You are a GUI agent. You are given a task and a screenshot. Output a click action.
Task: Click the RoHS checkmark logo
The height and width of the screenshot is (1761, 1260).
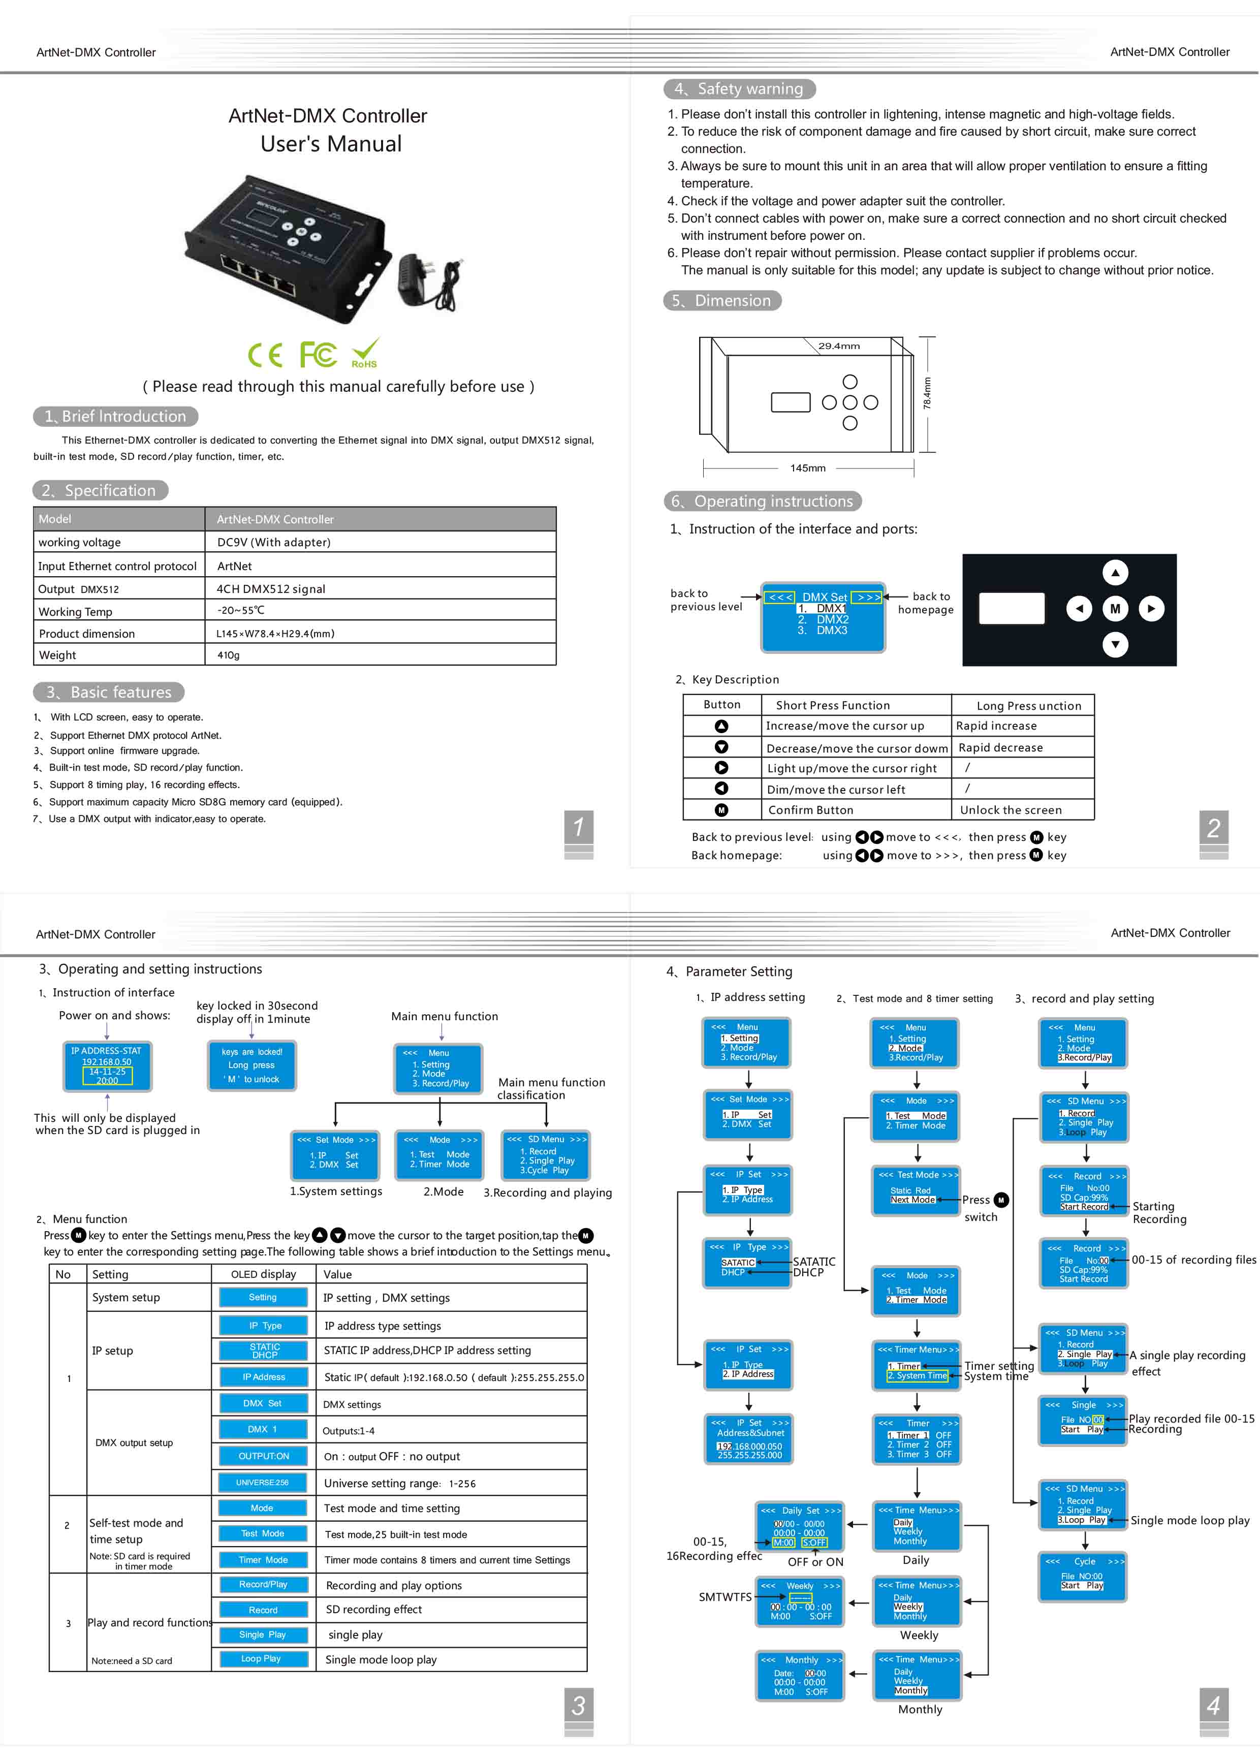[365, 353]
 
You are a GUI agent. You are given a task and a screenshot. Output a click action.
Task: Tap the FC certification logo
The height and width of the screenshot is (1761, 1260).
[318, 355]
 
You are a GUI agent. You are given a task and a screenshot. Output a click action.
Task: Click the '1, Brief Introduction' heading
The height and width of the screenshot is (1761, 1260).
[116, 417]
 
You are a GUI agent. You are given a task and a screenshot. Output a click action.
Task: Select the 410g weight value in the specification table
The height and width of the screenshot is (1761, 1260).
[228, 655]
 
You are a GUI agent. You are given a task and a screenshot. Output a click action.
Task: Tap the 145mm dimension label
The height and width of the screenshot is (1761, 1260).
[808, 468]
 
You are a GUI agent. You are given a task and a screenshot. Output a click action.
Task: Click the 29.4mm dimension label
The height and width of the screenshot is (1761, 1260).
[839, 346]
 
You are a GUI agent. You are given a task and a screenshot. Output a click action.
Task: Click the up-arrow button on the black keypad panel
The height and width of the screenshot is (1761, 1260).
[1115, 573]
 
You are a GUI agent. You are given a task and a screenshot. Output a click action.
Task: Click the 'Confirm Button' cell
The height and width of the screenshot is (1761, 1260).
[811, 810]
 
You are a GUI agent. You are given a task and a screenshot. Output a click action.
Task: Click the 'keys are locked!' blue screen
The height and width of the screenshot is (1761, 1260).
[252, 1066]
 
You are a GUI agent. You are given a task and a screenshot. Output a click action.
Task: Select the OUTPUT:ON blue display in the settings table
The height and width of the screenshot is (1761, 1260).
[263, 1456]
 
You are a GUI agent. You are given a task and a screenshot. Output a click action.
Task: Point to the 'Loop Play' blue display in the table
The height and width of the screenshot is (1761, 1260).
[262, 1658]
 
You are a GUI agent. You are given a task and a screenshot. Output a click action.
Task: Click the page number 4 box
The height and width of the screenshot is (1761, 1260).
[1213, 1705]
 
